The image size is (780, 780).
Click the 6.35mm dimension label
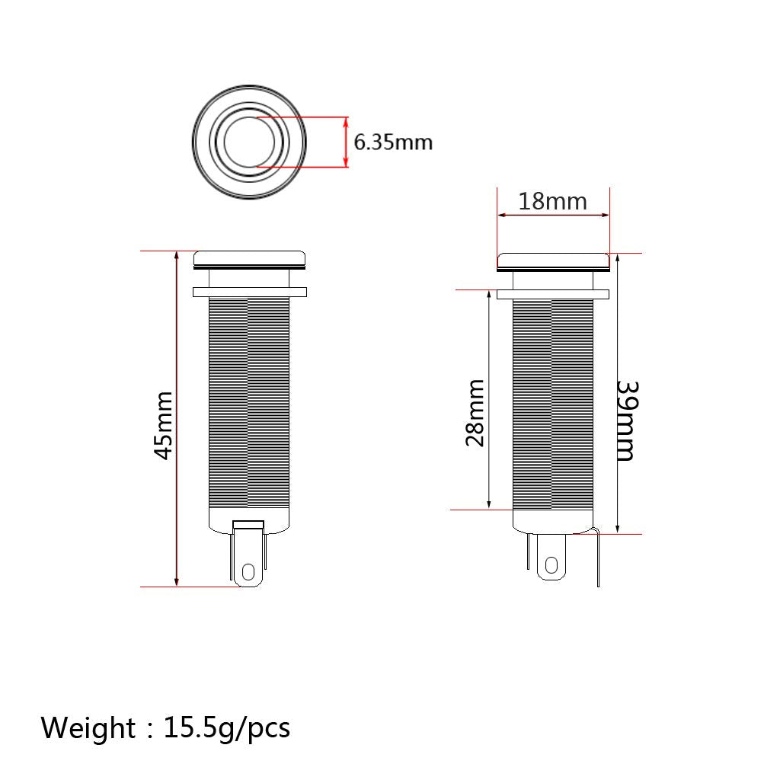click(393, 142)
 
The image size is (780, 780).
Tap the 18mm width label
click(552, 201)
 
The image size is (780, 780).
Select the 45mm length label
click(163, 425)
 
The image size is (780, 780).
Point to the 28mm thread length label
click(475, 413)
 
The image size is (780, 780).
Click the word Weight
click(87, 727)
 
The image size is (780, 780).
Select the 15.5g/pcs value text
click(227, 727)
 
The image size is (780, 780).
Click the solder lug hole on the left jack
click(248, 571)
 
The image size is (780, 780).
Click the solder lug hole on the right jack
click(551, 564)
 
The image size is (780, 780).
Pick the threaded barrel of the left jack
click(248, 404)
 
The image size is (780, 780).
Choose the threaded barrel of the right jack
click(552, 404)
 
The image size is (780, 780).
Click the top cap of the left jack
click(249, 258)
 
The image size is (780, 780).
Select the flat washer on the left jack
click(249, 292)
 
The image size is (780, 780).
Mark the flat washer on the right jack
click(553, 294)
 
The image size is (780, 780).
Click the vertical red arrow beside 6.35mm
click(346, 142)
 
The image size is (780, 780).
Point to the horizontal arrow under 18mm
click(553, 216)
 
